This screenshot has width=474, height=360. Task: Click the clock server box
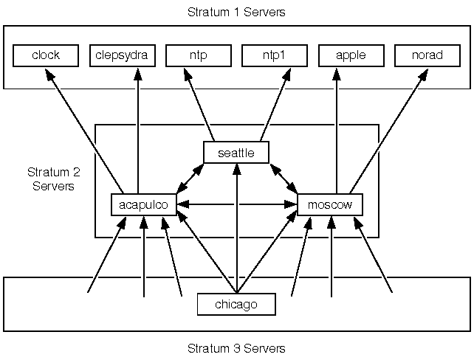(46, 55)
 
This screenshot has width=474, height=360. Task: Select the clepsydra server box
(123, 55)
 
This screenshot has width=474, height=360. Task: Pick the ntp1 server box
(275, 55)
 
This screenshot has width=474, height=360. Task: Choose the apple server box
(351, 55)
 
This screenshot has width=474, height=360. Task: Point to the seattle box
(236, 153)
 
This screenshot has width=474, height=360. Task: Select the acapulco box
(144, 204)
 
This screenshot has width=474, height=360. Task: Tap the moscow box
(330, 204)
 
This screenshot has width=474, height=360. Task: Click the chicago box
(236, 304)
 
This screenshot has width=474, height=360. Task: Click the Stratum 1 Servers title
(236, 13)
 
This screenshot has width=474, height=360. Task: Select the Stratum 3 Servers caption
(236, 348)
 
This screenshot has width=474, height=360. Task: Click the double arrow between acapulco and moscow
(236, 204)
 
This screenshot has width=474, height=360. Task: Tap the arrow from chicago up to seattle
(236, 229)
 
